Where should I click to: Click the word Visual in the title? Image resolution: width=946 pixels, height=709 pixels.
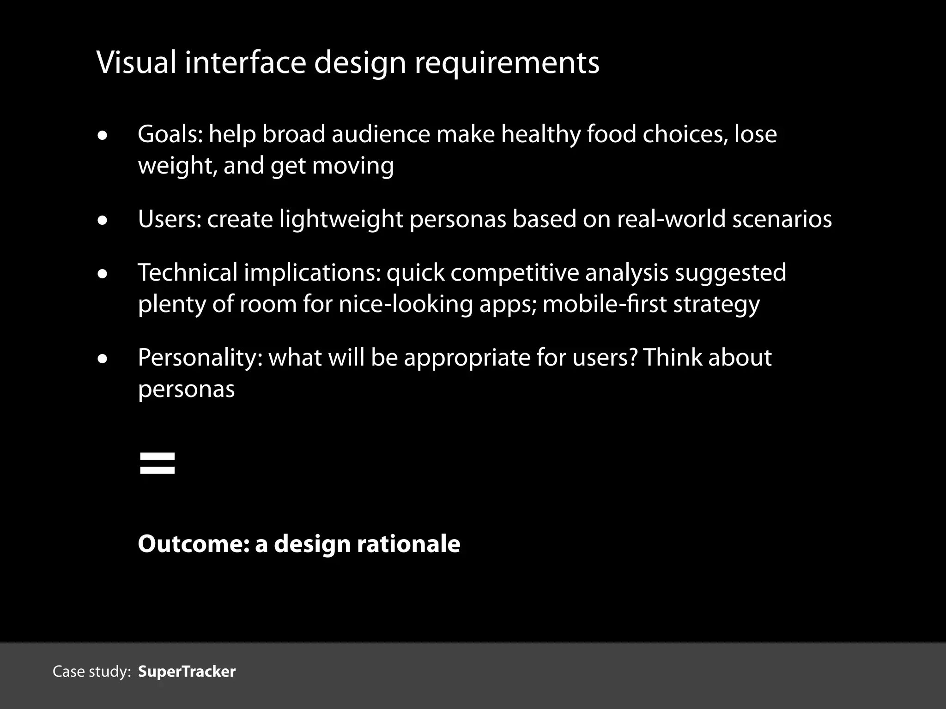pos(136,62)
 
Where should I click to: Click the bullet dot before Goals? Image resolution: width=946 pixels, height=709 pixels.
pos(103,136)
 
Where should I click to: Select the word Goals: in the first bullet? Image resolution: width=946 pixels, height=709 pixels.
pos(170,134)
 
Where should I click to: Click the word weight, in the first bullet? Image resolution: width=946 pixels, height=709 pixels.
pos(177,166)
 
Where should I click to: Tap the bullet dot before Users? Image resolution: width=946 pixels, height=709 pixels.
pos(103,221)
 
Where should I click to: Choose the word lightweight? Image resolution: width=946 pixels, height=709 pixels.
pos(341,219)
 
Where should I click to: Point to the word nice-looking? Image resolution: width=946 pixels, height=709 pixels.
pos(406,304)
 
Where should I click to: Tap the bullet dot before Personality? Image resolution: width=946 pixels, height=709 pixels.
pos(103,360)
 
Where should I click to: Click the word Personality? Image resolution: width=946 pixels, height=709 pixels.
pos(200,358)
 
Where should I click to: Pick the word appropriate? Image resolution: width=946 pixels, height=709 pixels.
pos(467,358)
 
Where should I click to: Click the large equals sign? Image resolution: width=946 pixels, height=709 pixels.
pos(157,463)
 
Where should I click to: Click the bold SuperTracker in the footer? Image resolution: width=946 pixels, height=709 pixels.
pos(187,672)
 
